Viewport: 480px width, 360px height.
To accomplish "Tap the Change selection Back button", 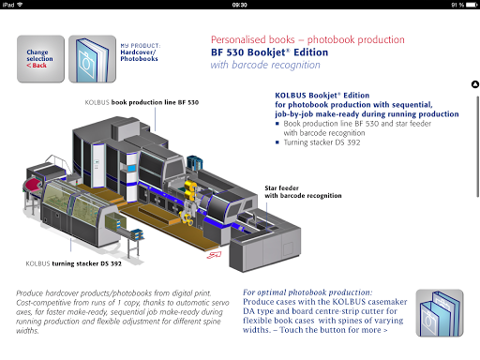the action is [x=40, y=59].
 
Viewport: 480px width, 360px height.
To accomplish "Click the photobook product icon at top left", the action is [x=92, y=59].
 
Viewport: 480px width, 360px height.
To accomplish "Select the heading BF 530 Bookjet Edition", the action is [x=269, y=52].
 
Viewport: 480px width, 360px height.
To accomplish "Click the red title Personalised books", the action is [x=252, y=39].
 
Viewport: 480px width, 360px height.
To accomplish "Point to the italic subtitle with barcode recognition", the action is [x=265, y=65].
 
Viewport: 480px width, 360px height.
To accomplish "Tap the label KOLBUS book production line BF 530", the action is [x=142, y=102].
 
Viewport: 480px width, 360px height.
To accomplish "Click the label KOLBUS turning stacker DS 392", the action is [x=73, y=263].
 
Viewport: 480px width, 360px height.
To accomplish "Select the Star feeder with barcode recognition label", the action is [x=303, y=191].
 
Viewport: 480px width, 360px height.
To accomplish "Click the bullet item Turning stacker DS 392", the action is [x=322, y=142].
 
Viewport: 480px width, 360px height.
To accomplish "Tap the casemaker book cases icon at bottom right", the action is [x=440, y=313].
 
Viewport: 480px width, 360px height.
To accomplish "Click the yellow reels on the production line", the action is [x=190, y=191].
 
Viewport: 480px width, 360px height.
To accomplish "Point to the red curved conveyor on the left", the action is [x=33, y=185].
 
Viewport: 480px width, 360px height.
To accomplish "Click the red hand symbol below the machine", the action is [x=214, y=255].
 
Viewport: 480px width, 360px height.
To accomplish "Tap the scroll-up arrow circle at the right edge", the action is [x=475, y=84].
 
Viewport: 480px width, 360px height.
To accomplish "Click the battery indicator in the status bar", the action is [x=472, y=5].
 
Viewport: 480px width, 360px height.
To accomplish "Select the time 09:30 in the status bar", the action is [x=240, y=5].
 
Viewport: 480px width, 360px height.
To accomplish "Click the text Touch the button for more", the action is [x=334, y=330].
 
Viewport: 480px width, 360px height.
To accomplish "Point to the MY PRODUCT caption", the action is [x=141, y=46].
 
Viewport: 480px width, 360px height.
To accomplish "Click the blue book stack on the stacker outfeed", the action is [x=137, y=233].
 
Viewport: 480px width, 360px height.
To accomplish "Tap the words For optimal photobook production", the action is [x=307, y=292].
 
